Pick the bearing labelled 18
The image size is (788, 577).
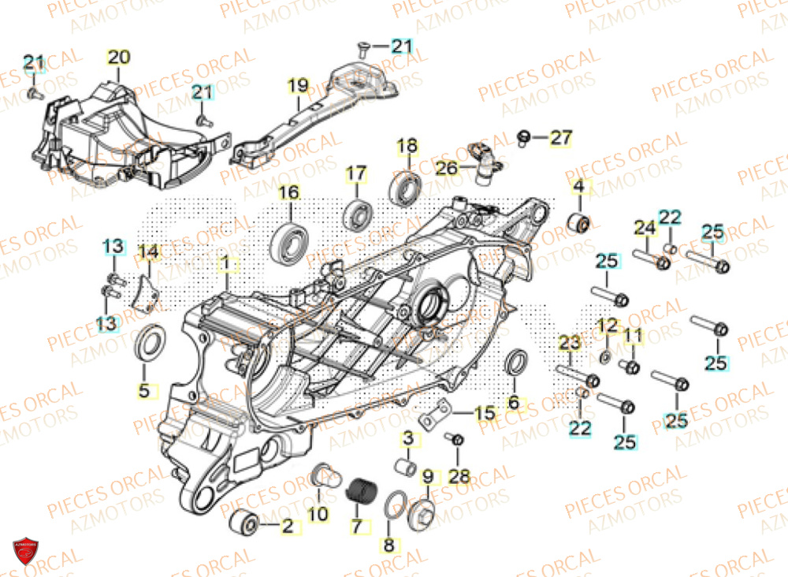tap(407, 187)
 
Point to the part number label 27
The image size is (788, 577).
tap(582, 138)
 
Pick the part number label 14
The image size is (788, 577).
tap(148, 253)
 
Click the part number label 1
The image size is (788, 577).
tap(225, 261)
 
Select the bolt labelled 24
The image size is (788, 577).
tap(652, 259)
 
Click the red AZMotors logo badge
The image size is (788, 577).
tap(25, 551)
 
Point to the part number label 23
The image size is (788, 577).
tap(570, 342)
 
